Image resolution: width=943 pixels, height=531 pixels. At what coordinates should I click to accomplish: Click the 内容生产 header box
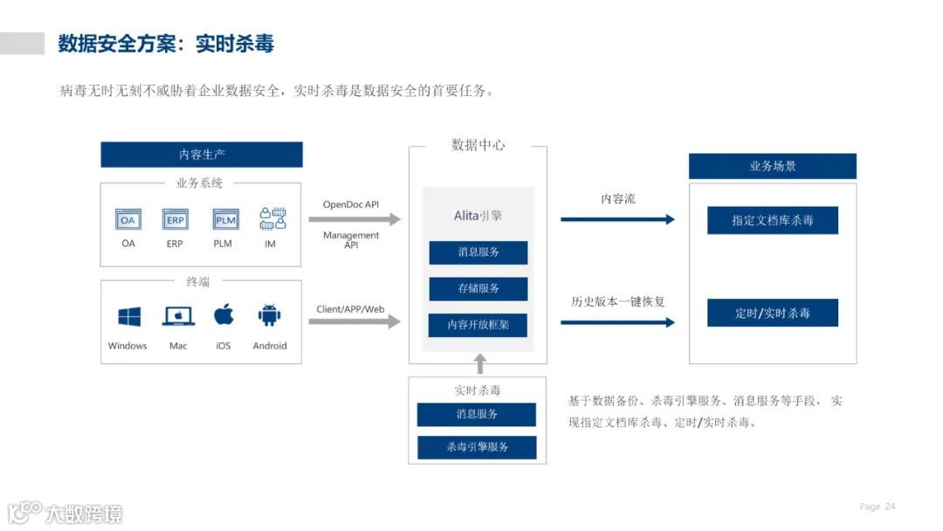tap(202, 155)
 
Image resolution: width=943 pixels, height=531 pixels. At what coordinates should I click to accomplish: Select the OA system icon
tap(128, 219)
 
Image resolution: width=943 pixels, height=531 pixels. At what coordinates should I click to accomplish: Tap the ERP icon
tap(175, 219)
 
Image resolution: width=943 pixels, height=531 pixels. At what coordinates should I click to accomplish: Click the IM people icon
tap(272, 218)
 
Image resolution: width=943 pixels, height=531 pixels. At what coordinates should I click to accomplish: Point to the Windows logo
tap(129, 316)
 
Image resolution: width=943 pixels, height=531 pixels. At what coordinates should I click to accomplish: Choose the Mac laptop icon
tap(178, 316)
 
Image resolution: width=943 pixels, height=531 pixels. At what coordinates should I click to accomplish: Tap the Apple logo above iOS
tap(224, 314)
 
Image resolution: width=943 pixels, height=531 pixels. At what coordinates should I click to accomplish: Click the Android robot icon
tap(269, 315)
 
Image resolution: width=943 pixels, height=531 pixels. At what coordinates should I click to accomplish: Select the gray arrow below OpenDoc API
tap(354, 219)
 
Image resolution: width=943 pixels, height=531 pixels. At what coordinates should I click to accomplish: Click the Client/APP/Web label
tap(350, 309)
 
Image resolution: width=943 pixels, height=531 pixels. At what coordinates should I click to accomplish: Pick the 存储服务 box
tap(478, 288)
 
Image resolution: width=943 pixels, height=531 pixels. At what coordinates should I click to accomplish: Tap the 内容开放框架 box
tap(478, 325)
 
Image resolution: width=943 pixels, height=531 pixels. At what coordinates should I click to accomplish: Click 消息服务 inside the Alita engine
tap(478, 252)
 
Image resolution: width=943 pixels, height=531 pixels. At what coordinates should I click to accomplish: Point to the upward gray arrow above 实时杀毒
tap(478, 363)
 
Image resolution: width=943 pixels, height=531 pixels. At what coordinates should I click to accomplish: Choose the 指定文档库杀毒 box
tap(772, 221)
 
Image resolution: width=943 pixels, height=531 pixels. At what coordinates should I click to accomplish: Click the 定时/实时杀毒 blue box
tap(772, 313)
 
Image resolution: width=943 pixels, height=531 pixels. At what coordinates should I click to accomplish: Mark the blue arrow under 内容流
tap(617, 219)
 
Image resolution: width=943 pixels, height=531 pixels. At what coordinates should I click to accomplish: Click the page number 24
tap(891, 507)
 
